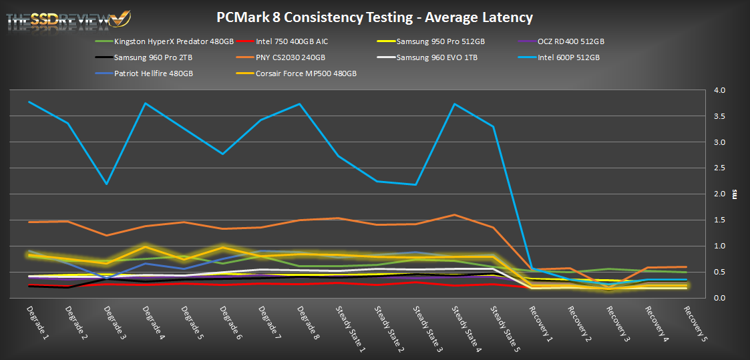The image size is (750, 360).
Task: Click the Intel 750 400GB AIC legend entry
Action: [x=292, y=41]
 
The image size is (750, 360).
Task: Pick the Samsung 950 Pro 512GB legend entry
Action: [x=440, y=41]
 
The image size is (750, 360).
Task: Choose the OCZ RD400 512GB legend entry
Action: [x=570, y=41]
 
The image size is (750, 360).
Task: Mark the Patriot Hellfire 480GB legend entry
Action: [x=154, y=73]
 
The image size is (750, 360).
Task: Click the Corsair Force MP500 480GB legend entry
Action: [x=306, y=73]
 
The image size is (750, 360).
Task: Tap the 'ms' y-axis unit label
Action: [x=735, y=194]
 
